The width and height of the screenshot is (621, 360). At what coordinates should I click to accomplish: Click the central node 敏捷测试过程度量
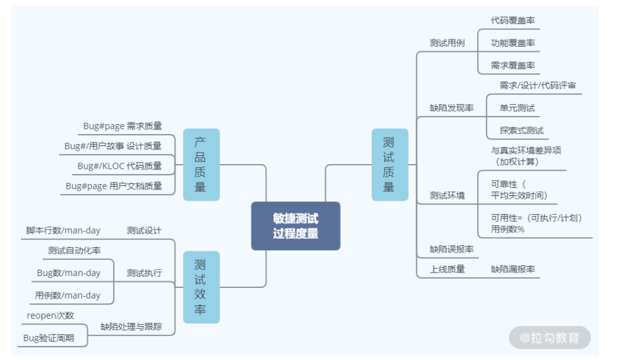[x=295, y=226]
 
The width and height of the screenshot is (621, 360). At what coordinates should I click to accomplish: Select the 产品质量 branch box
[x=201, y=165]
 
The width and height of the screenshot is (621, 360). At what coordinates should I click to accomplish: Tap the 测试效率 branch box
[x=201, y=287]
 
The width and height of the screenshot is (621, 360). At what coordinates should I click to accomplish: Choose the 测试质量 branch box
[x=388, y=165]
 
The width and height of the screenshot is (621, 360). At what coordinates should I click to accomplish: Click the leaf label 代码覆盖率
[x=512, y=20]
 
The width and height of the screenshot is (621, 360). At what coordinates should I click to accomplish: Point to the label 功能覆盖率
[x=512, y=43]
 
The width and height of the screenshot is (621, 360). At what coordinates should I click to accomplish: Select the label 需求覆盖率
[x=512, y=65]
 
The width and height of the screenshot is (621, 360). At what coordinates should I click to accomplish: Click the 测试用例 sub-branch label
[x=447, y=43]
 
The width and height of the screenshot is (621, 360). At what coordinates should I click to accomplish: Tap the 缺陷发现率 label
[x=451, y=107]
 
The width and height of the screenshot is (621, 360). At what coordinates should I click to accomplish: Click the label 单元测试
[x=517, y=107]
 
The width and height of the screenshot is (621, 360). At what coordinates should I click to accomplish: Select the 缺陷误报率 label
[x=451, y=249]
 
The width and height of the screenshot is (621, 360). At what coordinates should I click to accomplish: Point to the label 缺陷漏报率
[x=512, y=269]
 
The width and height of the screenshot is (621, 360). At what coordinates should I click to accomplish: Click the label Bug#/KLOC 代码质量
[x=119, y=165]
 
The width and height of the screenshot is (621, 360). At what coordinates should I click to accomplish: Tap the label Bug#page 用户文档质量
[x=113, y=186]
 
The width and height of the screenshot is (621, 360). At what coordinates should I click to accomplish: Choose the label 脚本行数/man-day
[x=63, y=231]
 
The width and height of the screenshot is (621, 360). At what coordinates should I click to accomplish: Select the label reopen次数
[x=51, y=315]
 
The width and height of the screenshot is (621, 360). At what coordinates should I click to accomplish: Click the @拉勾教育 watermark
[x=550, y=337]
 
